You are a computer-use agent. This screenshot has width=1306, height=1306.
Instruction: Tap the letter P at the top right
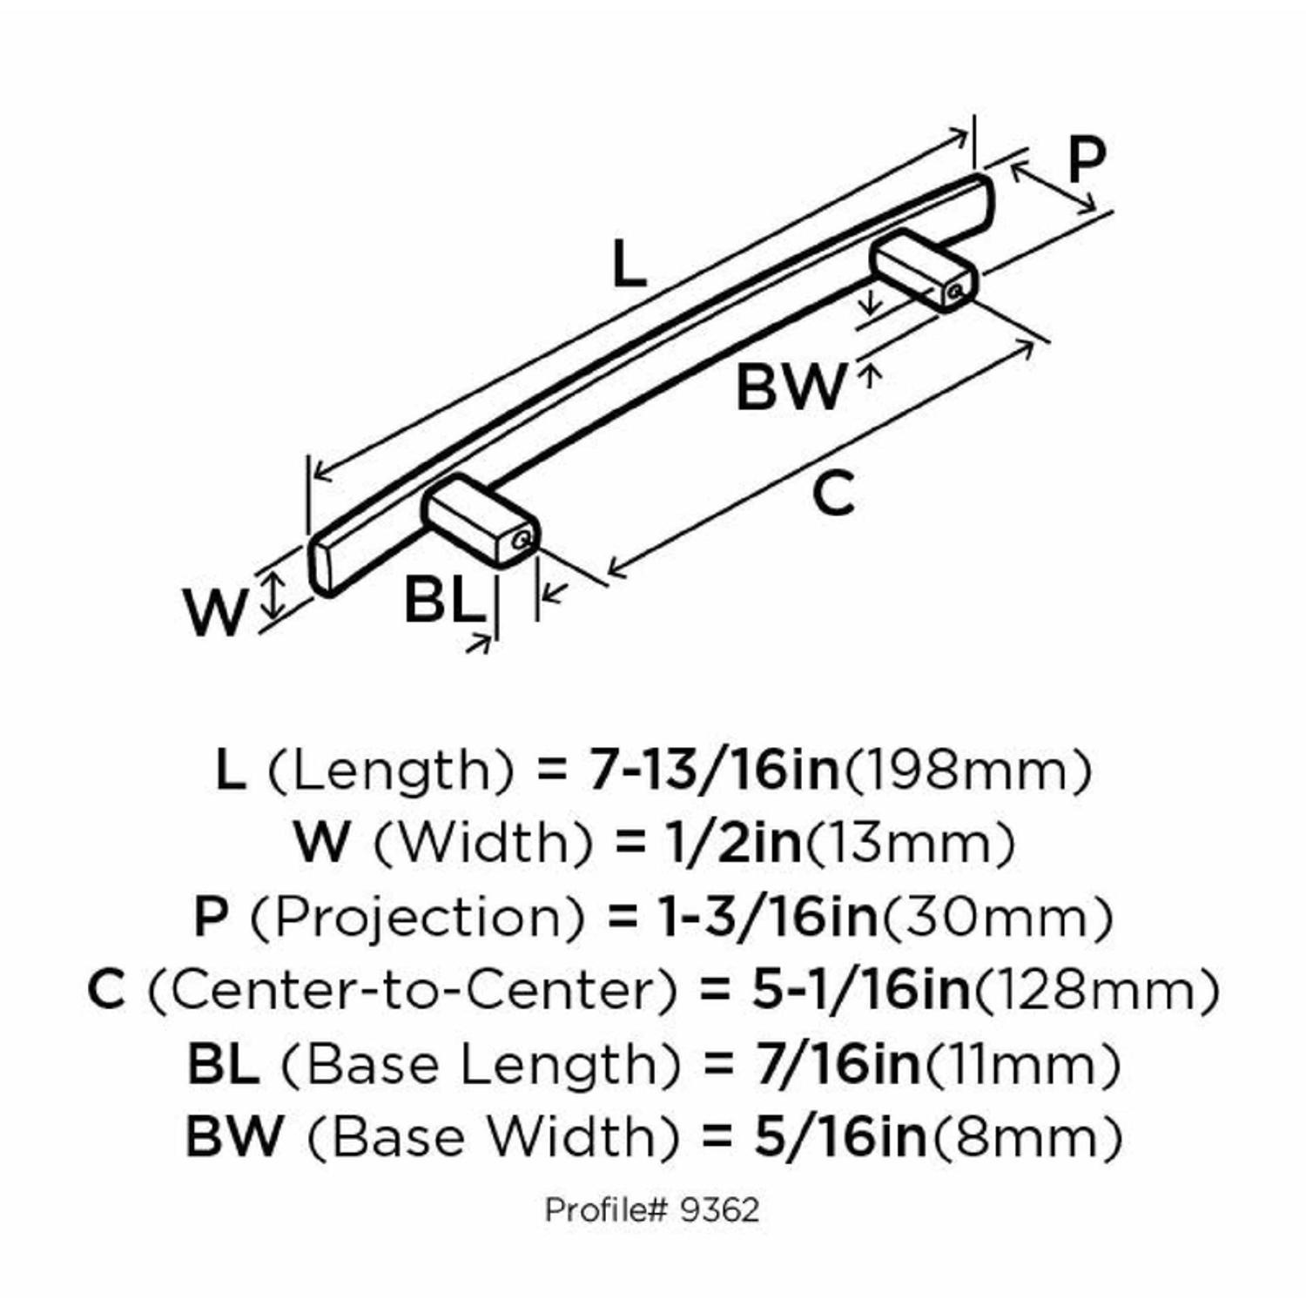tap(1086, 160)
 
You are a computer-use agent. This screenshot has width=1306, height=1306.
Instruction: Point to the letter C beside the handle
tap(833, 493)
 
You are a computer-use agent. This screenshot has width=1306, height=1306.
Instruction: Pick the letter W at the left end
tap(215, 612)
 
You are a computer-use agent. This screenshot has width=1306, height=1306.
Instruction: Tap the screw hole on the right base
tap(955, 291)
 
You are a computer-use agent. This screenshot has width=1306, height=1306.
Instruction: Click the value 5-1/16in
tap(861, 990)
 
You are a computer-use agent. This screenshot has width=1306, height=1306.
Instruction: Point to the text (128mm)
tap(1095, 990)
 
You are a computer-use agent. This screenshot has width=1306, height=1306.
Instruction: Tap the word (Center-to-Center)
tap(412, 990)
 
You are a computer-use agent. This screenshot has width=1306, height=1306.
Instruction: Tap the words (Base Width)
tap(493, 1138)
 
